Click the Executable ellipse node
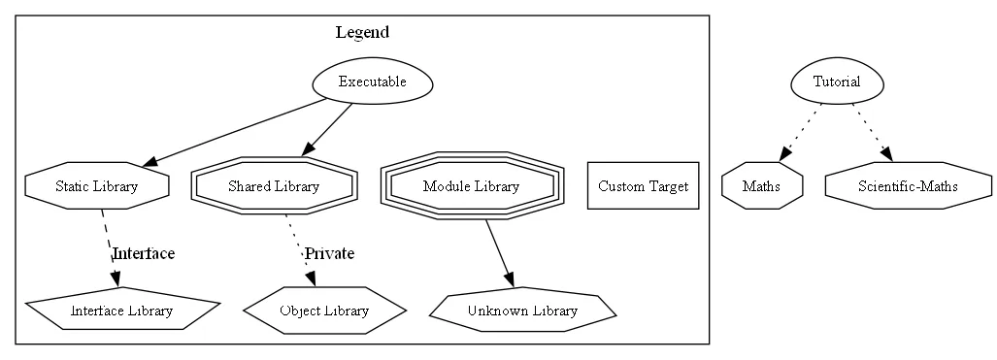[x=372, y=82]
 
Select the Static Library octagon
[x=96, y=186]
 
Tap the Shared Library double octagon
[x=274, y=186]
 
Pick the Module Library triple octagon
[x=471, y=186]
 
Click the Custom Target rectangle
[x=643, y=186]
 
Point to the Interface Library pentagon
[x=121, y=311]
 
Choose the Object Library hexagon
[x=323, y=311]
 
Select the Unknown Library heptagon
[x=522, y=311]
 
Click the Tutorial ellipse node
[x=837, y=82]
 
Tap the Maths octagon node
[x=762, y=186]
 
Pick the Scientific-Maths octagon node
[x=908, y=186]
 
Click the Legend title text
[x=362, y=32]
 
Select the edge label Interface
[x=144, y=254]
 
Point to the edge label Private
[x=329, y=254]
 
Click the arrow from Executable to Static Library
[x=233, y=133]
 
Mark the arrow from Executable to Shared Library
[x=327, y=129]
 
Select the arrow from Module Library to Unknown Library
[x=499, y=253]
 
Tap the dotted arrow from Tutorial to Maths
[x=799, y=133]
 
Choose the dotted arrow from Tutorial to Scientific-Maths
[x=873, y=132]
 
